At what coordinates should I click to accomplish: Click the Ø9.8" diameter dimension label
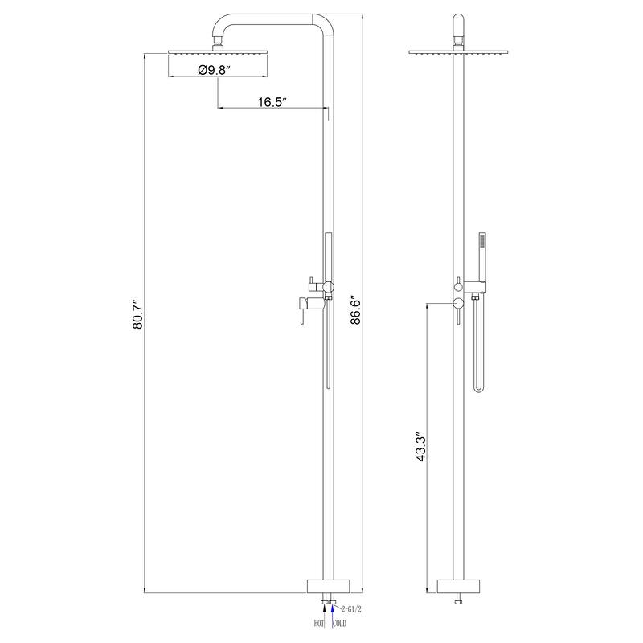coord(213,70)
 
